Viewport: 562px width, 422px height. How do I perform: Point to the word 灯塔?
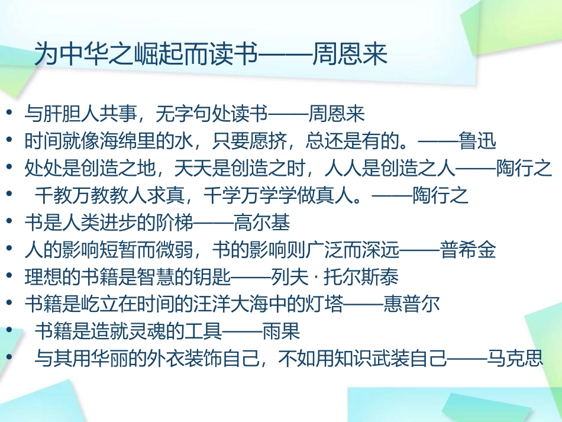click(x=322, y=304)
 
